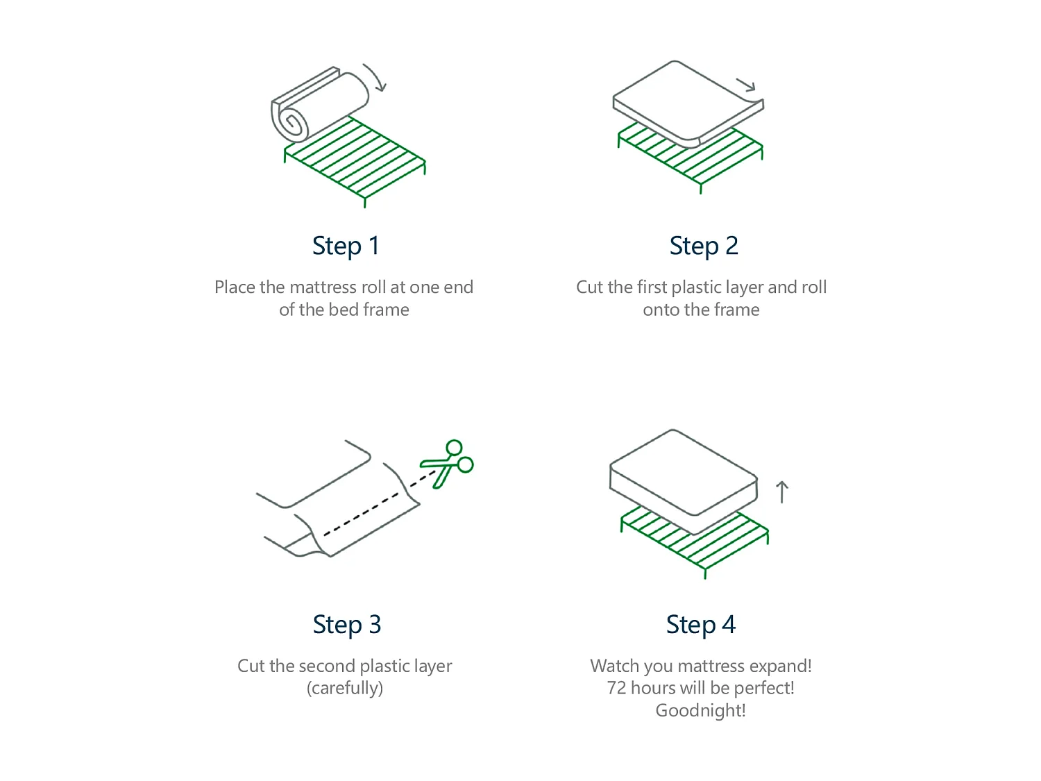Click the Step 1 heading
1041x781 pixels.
tap(345, 246)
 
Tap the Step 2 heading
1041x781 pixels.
tap(703, 246)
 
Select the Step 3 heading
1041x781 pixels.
tap(347, 625)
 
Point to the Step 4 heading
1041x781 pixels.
tap(700, 625)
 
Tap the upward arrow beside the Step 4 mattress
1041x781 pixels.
tap(781, 492)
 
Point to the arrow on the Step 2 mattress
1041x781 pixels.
tap(745, 85)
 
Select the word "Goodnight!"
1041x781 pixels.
tap(700, 710)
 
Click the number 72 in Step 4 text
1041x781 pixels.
tap(616, 687)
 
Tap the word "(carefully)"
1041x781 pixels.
tap(345, 688)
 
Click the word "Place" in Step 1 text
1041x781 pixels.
tap(235, 287)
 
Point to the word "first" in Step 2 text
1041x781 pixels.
tap(652, 287)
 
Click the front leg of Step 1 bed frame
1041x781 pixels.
tap(364, 202)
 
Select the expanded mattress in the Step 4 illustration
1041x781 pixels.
tap(684, 481)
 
